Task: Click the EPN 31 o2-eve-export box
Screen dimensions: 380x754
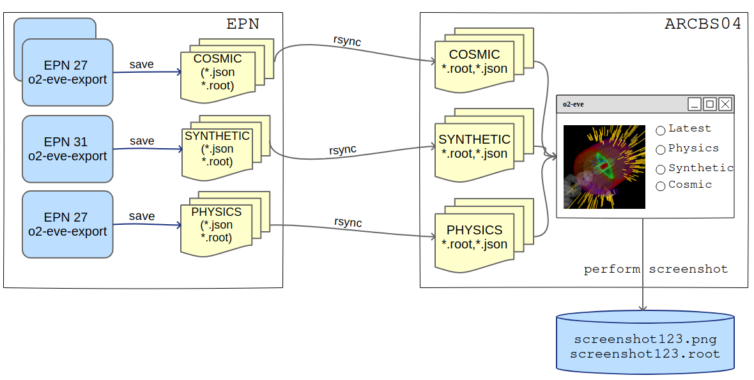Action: coord(67,149)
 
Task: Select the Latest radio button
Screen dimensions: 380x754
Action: coord(661,130)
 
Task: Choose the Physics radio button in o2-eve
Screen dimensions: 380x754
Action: coord(661,149)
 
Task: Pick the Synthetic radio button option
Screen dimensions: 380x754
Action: coord(661,169)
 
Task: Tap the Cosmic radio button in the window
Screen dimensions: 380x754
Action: coord(661,186)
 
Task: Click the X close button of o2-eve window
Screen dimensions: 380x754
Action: coord(725,104)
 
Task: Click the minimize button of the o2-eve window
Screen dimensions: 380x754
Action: coord(694,104)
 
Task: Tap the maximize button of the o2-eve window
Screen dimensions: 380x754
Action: coord(709,104)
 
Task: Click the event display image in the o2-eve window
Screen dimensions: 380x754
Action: coord(604,167)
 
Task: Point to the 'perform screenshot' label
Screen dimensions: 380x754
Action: coord(656,270)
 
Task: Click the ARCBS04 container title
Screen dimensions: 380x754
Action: coord(703,24)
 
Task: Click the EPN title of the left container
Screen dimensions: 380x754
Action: coord(243,24)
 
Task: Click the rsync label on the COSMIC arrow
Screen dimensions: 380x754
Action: coord(347,40)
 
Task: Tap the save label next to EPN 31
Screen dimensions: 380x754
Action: coord(141,141)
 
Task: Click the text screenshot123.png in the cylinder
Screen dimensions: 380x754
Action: coord(645,339)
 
